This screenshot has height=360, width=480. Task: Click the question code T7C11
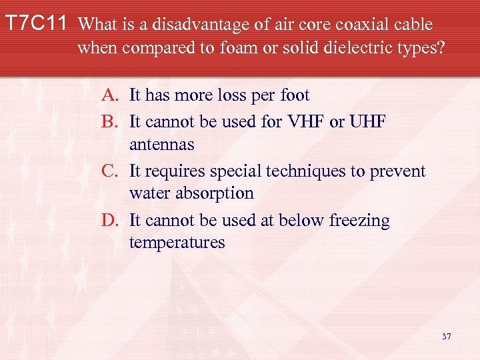tap(36, 25)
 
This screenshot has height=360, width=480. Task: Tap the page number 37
tap(446, 336)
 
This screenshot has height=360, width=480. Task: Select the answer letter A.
tap(110, 95)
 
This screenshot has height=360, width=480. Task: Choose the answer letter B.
tap(110, 121)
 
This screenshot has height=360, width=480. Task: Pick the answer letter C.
tap(110, 171)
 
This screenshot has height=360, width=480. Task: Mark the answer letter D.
tap(110, 220)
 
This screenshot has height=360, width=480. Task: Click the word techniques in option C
tap(301, 171)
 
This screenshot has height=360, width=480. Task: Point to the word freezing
tap(359, 220)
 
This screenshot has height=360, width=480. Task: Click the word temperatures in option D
tap(177, 243)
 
